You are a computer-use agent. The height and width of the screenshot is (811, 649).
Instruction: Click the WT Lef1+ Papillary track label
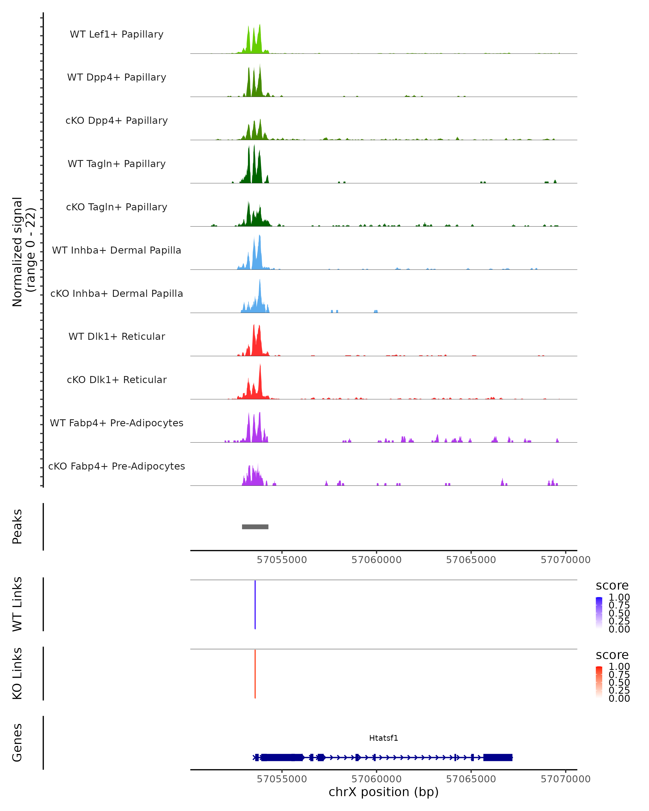click(x=117, y=34)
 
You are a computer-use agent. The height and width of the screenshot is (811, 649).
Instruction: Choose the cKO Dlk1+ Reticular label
click(x=117, y=380)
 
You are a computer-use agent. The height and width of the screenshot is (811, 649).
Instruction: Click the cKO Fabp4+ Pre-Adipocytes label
click(x=117, y=466)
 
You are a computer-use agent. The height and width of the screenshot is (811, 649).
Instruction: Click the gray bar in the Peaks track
click(x=255, y=527)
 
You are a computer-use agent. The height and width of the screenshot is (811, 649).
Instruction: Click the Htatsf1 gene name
click(x=383, y=738)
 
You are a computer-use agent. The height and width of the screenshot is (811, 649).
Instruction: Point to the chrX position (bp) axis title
click(x=383, y=792)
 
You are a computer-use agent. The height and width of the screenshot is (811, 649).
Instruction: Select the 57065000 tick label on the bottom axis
click(x=471, y=779)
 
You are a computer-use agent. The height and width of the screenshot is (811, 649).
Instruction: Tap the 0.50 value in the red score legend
click(x=619, y=682)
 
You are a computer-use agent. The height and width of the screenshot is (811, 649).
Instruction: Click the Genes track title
click(x=17, y=743)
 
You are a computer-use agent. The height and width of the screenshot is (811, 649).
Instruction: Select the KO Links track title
click(x=17, y=673)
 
